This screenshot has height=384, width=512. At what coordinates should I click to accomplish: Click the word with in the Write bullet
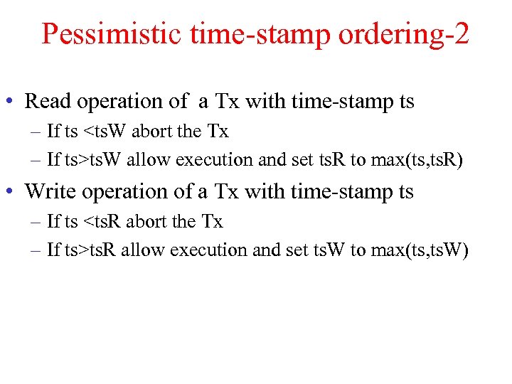pyautogui.click(x=266, y=192)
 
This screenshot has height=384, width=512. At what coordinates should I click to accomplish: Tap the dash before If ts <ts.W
pyautogui.click(x=36, y=132)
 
